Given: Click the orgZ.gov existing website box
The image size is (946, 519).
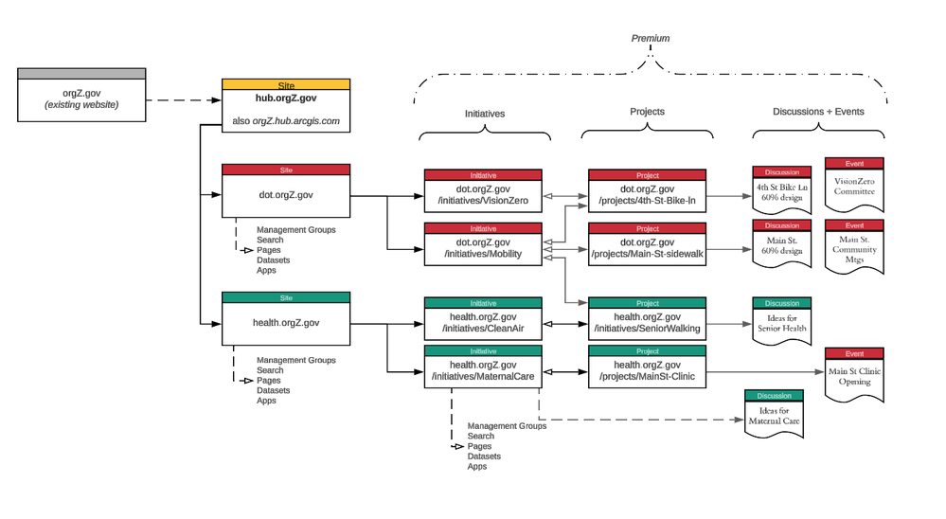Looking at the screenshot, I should pos(81,95).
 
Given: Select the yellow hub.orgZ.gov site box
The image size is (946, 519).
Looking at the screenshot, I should pos(285,106).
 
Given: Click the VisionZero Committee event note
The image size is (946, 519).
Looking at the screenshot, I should pos(854,184).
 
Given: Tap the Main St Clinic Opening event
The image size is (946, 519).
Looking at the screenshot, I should pos(854,375).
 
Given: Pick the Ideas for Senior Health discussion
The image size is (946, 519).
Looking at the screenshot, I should pos(781,322).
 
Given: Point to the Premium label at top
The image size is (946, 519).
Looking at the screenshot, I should pos(650,39).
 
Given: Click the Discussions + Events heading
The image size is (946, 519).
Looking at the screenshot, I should pos(818,112).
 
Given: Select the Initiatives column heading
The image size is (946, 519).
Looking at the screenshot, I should pos(484,114).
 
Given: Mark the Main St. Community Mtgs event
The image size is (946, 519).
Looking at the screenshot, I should pos(854,248).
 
